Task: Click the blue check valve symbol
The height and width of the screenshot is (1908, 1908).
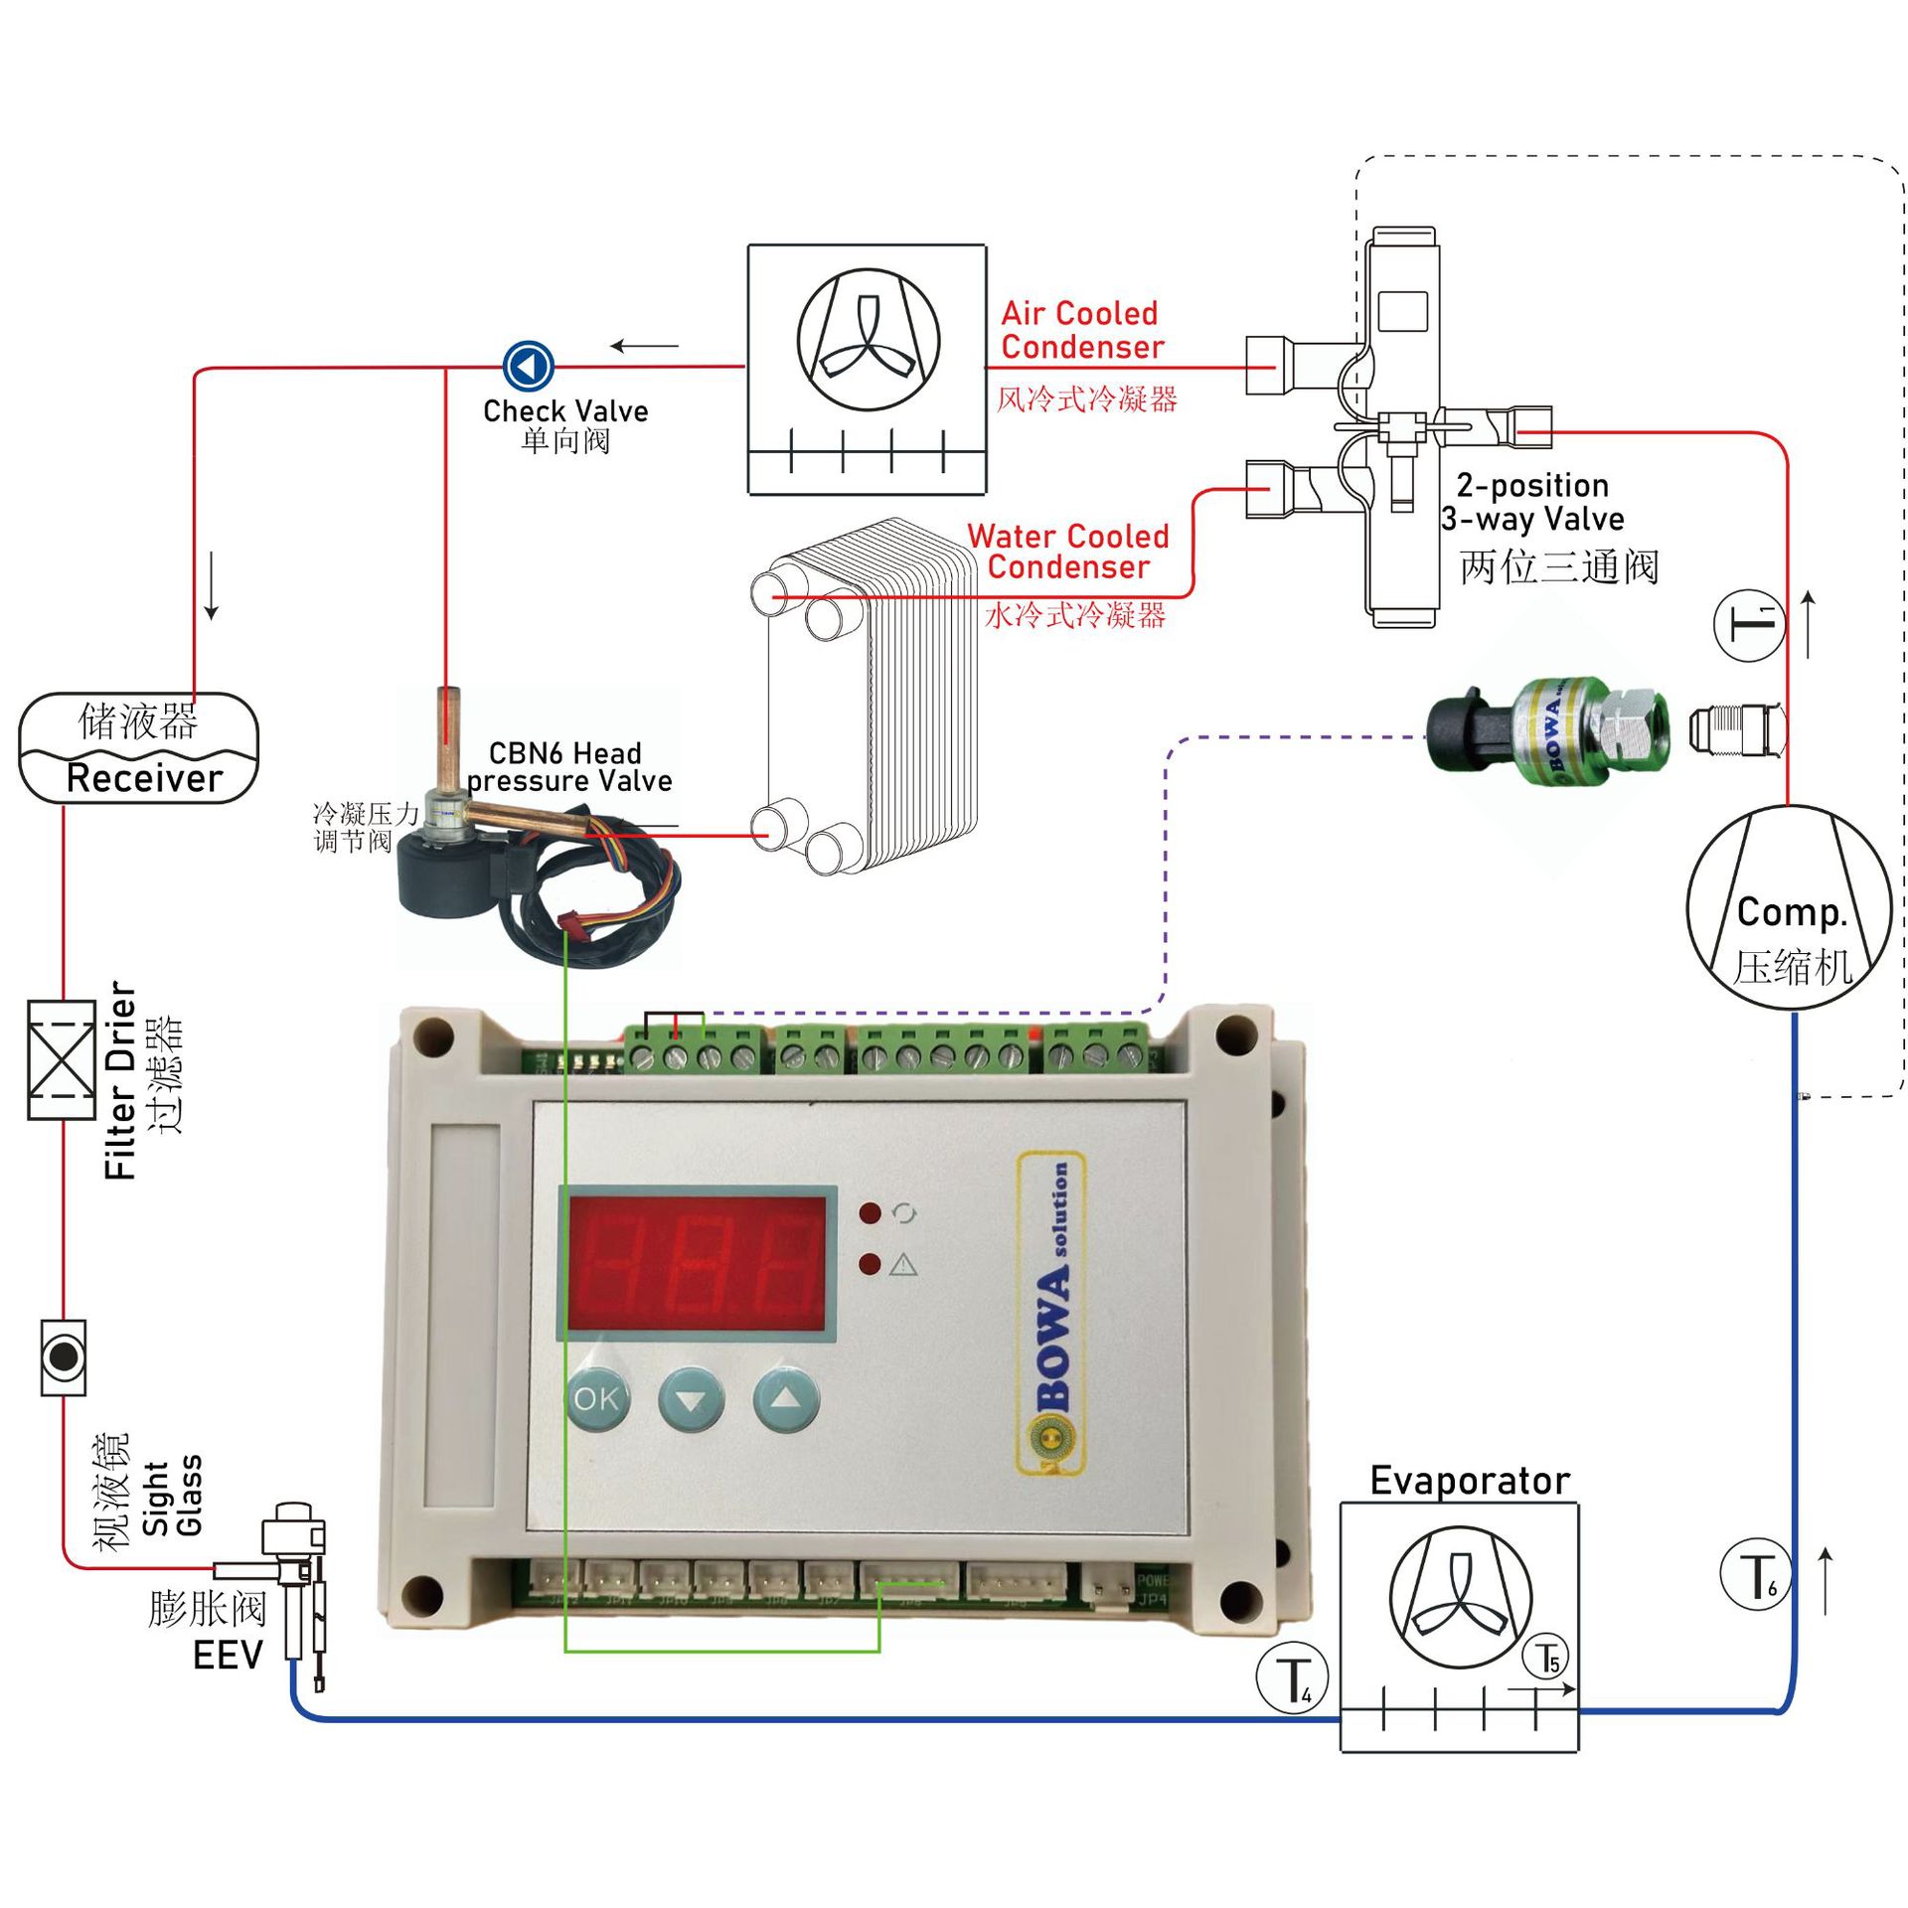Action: [x=528, y=366]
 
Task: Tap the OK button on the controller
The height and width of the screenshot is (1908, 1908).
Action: [x=596, y=1399]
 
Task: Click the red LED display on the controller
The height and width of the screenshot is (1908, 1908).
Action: [x=697, y=1262]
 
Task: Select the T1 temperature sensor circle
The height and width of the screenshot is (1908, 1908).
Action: [x=1750, y=626]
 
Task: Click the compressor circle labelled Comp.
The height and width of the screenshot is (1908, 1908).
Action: [x=1789, y=908]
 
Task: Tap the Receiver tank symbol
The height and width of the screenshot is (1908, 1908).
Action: [x=139, y=747]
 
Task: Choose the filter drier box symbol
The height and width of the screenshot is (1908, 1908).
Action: [x=62, y=1060]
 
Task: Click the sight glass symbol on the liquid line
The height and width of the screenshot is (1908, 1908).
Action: [x=64, y=1357]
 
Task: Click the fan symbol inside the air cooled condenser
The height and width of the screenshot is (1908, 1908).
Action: [x=869, y=340]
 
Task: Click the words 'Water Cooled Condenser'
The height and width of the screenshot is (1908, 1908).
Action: [x=1068, y=552]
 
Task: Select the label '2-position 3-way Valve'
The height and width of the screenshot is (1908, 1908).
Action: [x=1532, y=502]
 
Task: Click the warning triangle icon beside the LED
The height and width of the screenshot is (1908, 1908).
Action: [x=902, y=1264]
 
